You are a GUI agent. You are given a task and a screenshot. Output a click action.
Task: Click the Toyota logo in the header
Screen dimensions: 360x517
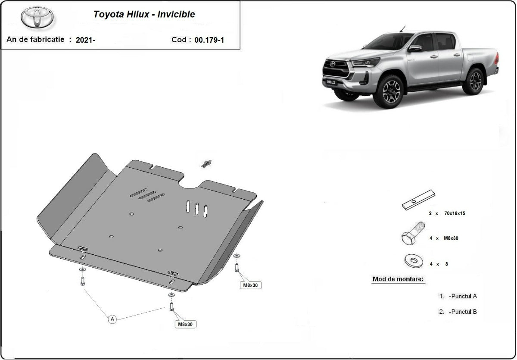pyautogui.click(x=37, y=18)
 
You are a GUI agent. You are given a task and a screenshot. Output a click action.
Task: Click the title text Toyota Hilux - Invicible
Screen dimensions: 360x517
pyautogui.click(x=144, y=14)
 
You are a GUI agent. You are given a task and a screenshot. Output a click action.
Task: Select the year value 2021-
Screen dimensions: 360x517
pyautogui.click(x=85, y=40)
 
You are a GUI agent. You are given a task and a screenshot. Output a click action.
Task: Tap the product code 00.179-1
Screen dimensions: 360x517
pyautogui.click(x=209, y=40)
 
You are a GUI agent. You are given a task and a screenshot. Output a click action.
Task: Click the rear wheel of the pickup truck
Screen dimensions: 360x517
pyautogui.click(x=474, y=81)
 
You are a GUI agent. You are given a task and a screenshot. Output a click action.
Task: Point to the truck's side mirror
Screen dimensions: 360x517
pyautogui.click(x=414, y=48)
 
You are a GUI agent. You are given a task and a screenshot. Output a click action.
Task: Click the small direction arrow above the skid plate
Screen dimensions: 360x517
pyautogui.click(x=206, y=163)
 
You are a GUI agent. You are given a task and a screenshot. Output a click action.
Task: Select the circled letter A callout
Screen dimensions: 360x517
pyautogui.click(x=112, y=319)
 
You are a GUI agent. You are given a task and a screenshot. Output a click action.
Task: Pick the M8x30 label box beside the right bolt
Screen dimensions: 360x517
pyautogui.click(x=251, y=285)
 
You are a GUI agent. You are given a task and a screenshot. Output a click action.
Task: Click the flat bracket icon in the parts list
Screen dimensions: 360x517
pyautogui.click(x=418, y=200)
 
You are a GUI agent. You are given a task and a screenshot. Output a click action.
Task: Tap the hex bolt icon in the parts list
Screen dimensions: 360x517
pyautogui.click(x=413, y=233)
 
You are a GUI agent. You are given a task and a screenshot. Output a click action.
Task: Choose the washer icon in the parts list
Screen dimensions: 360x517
pyautogui.click(x=414, y=260)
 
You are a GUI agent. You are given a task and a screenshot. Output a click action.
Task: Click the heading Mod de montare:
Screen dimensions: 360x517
pyautogui.click(x=398, y=279)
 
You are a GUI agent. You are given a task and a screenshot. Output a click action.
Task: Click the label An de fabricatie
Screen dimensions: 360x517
pyautogui.click(x=35, y=39)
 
